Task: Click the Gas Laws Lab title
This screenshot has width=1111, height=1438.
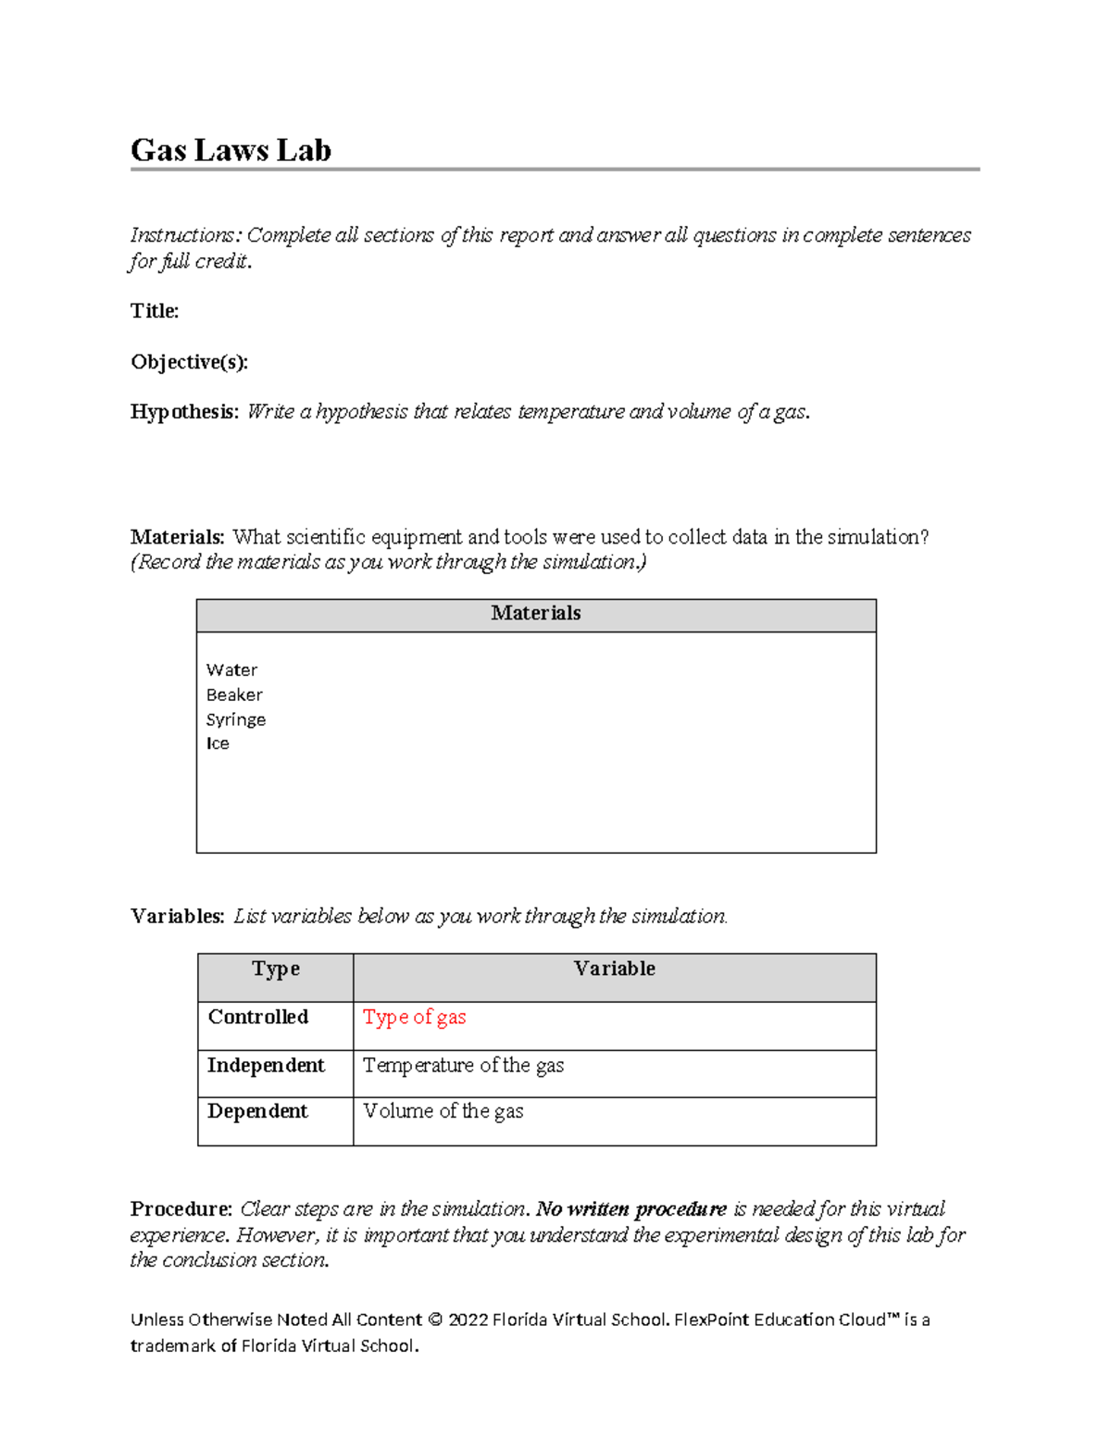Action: [231, 150]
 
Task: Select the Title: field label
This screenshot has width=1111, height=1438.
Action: [155, 311]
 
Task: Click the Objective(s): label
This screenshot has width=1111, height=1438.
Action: [189, 362]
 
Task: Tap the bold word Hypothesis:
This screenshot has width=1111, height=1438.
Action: [184, 412]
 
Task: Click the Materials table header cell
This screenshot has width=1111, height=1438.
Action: [535, 614]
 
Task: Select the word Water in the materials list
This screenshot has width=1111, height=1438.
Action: [231, 670]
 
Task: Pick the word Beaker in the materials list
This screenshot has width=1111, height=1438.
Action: [234, 695]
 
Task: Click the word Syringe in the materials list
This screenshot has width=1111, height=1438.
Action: [236, 720]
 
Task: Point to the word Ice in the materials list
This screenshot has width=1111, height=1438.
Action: [218, 744]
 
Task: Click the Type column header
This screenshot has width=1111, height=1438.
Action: [275, 969]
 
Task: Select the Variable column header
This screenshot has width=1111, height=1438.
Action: [614, 969]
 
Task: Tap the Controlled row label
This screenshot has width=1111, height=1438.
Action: [257, 1017]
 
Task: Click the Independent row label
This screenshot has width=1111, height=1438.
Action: [266, 1066]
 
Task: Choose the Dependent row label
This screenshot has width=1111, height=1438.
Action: [257, 1111]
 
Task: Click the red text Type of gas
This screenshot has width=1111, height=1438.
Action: [414, 1018]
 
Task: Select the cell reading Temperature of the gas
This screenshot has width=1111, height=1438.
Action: [463, 1066]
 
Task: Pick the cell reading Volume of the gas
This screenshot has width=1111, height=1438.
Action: [443, 1111]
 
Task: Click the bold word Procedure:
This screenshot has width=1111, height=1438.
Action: [181, 1209]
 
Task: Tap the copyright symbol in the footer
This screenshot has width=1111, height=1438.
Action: [435, 1320]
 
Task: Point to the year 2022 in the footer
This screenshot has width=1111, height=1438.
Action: [468, 1320]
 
